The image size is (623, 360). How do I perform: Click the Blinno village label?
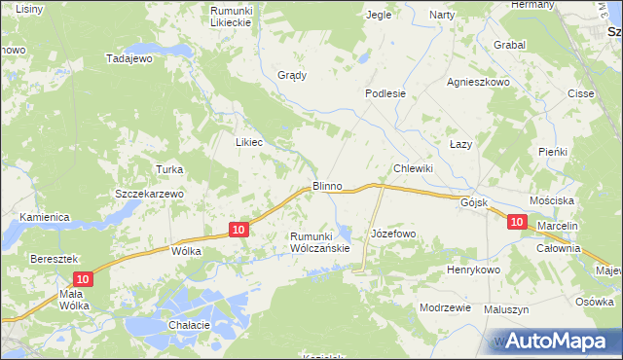tap(326, 185)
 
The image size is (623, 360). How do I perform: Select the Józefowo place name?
tap(393, 234)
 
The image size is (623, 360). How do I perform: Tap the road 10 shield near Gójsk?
tap(517, 223)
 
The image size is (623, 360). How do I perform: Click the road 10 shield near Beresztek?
tap(84, 279)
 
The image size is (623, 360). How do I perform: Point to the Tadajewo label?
tap(130, 58)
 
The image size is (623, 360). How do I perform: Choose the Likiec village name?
tap(249, 141)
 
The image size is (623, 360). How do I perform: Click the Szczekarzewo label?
tap(149, 194)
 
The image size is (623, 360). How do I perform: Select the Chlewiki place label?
tap(413, 168)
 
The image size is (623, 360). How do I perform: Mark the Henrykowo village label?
tap(473, 270)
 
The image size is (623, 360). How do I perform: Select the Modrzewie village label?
tap(445, 306)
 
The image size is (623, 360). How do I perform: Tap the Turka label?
tap(169, 169)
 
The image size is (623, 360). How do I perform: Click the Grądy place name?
tap(292, 75)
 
